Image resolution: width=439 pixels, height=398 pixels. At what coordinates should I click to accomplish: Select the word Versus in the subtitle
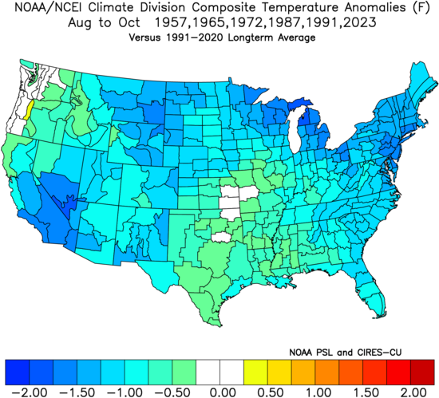(139, 38)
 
